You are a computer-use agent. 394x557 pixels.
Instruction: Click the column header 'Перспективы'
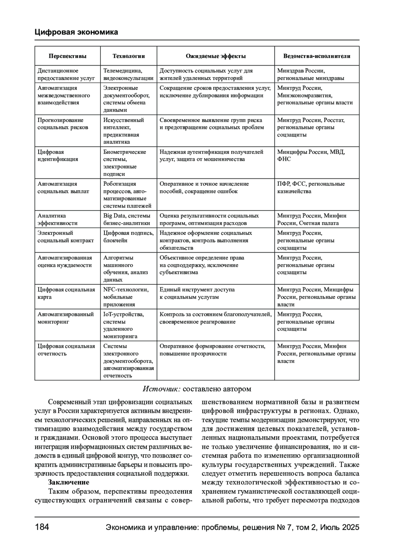tap(67, 56)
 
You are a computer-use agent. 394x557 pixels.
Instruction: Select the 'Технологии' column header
tap(128, 56)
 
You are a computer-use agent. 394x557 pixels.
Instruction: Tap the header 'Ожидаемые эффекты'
tap(215, 56)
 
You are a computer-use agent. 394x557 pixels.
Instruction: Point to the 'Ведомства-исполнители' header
tap(317, 56)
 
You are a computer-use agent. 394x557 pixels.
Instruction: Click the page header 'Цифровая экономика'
tap(76, 32)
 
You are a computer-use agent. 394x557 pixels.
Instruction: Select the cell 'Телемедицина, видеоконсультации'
tap(128, 74)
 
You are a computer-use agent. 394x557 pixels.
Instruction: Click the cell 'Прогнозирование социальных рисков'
tap(63, 124)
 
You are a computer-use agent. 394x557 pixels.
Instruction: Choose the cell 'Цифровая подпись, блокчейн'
tap(128, 237)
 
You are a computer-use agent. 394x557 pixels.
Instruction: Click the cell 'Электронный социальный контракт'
tap(65, 237)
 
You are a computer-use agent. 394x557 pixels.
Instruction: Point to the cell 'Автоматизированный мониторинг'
tap(65, 318)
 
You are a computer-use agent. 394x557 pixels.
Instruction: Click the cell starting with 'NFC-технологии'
tap(126, 297)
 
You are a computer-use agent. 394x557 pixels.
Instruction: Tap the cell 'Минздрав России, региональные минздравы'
tap(311, 74)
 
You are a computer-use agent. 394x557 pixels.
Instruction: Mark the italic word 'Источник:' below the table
tap(161, 389)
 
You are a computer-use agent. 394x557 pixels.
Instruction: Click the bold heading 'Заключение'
tap(69, 482)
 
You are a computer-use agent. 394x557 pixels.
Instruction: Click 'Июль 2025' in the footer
tap(340, 527)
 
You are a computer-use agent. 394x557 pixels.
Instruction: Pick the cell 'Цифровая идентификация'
tap(58, 155)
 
